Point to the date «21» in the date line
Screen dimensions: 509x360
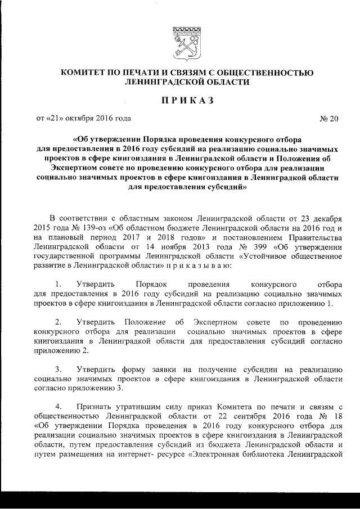58,118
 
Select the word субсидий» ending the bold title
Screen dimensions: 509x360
222,190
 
